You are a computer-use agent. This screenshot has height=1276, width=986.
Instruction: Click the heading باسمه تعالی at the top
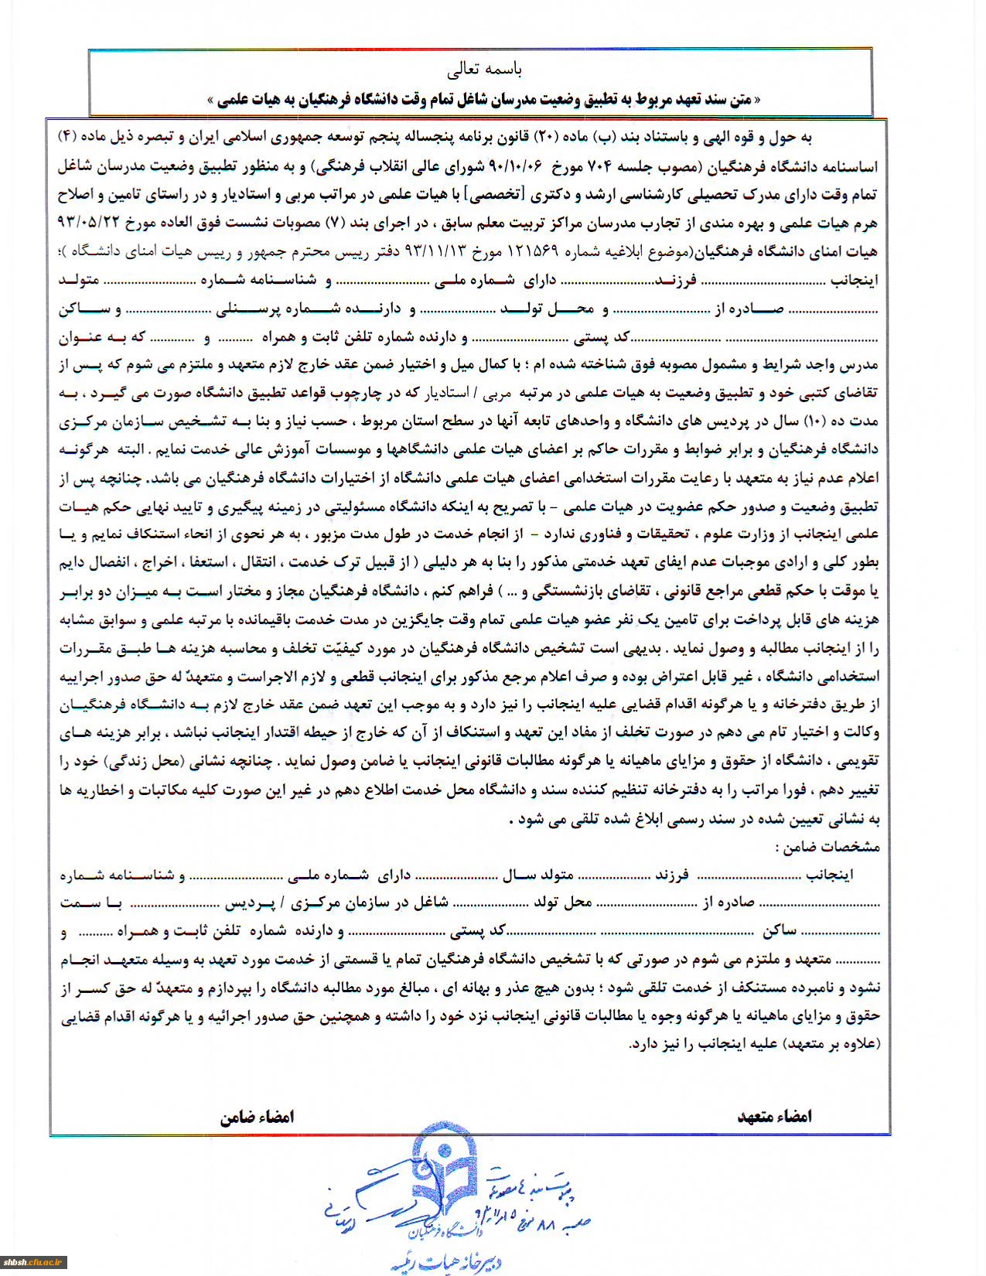tap(484, 70)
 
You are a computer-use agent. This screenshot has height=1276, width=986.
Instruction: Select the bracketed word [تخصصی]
tap(493, 195)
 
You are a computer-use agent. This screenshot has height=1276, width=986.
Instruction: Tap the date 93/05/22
tap(92, 223)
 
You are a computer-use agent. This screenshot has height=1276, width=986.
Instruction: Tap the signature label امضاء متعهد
tap(774, 1116)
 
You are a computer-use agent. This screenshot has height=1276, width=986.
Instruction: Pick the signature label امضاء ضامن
tap(257, 1117)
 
